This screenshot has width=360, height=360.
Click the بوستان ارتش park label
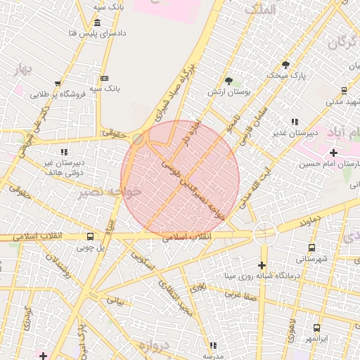pos(229,92)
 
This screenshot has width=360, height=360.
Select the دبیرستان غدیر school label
pos(293,132)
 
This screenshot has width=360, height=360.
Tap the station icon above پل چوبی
pos(90,237)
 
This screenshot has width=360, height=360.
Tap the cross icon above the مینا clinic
pos(262,265)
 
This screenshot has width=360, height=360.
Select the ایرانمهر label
pos(316,338)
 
